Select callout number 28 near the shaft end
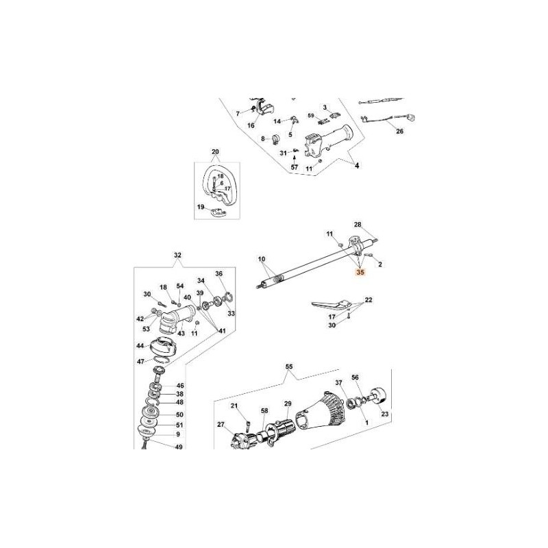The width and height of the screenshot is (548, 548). [x=357, y=225]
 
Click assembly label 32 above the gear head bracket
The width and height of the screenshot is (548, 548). [x=178, y=256]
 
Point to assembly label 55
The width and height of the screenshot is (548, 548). [x=288, y=367]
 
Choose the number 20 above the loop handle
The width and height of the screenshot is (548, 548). [x=215, y=151]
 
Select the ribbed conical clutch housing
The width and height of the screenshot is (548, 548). [x=327, y=413]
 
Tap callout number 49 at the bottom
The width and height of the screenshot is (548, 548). [x=160, y=447]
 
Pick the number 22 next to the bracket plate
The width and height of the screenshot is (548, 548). [x=369, y=301]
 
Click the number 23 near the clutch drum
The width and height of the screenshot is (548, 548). [x=384, y=414]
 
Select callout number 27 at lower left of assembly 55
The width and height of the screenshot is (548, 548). [x=221, y=425]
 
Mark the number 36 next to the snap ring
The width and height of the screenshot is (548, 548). [x=220, y=273]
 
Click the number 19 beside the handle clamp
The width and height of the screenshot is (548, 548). [x=201, y=206]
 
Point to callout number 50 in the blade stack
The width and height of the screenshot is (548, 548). [x=160, y=415]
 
